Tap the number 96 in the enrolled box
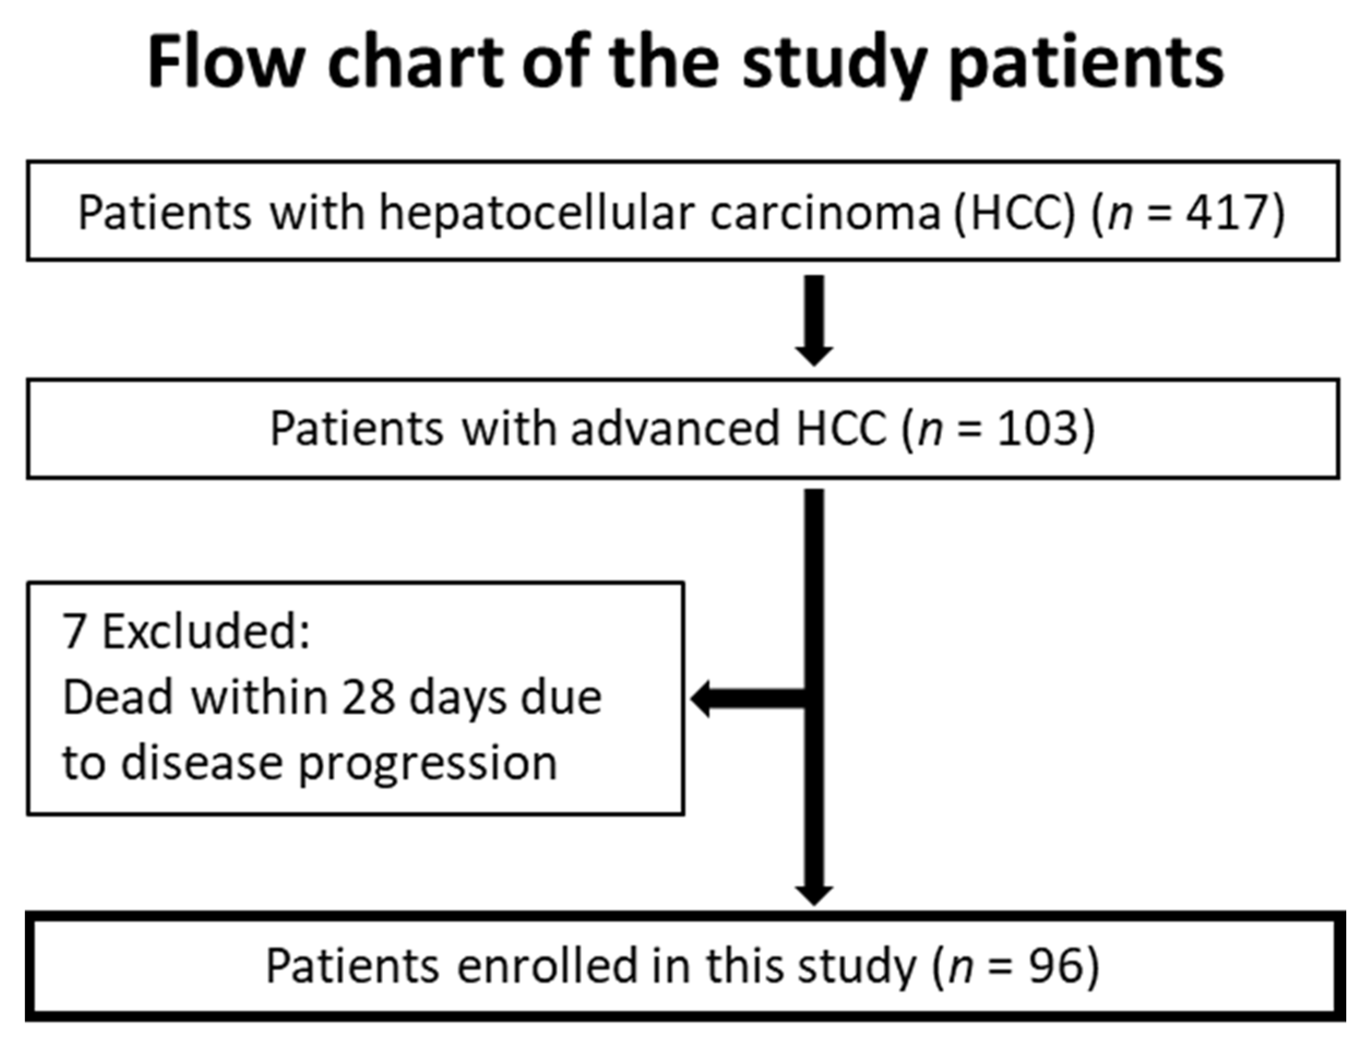coord(1054,966)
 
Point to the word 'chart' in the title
coord(415,63)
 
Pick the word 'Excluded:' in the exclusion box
coord(206,631)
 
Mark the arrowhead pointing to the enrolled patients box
coord(814,895)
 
